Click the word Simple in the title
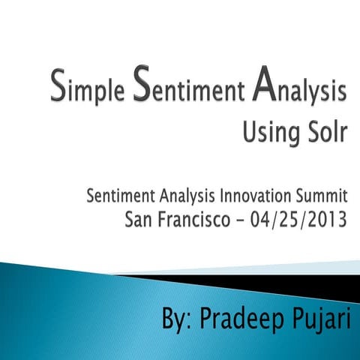[x=87, y=92]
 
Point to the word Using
[x=271, y=137]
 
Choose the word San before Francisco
[x=140, y=219]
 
